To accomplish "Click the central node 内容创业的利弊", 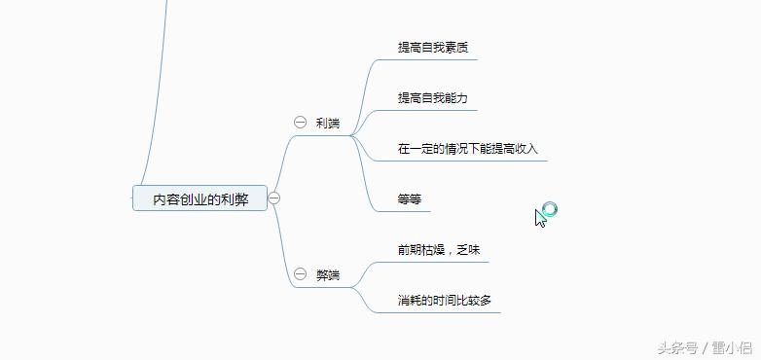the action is tap(199, 198).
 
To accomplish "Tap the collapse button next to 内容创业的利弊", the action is tap(274, 198).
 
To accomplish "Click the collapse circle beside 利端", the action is tap(300, 123).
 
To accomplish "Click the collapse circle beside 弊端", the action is tap(300, 274).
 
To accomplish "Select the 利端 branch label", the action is tap(328, 123).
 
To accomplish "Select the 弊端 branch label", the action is tap(328, 274).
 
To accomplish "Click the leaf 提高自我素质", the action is tap(434, 47).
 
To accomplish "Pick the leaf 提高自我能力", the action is tap(434, 98).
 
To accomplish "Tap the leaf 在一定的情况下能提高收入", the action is tap(467, 149).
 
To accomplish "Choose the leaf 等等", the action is tap(410, 199).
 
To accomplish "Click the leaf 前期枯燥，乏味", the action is tap(439, 250).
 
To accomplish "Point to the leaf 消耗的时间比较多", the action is tap(445, 301).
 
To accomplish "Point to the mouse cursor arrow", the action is tap(540, 218).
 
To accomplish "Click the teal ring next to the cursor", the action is tap(550, 208).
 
